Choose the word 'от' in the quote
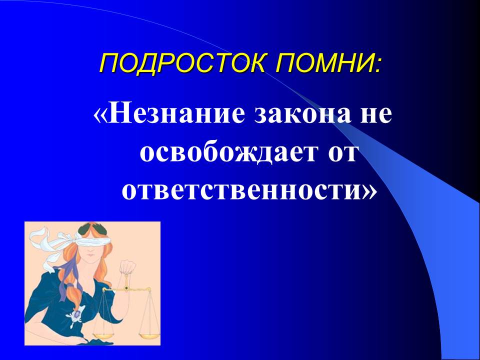click(x=341, y=154)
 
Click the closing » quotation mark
click(x=369, y=192)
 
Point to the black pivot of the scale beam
click(x=126, y=288)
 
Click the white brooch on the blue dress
click(x=75, y=315)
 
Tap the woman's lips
click(x=89, y=255)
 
